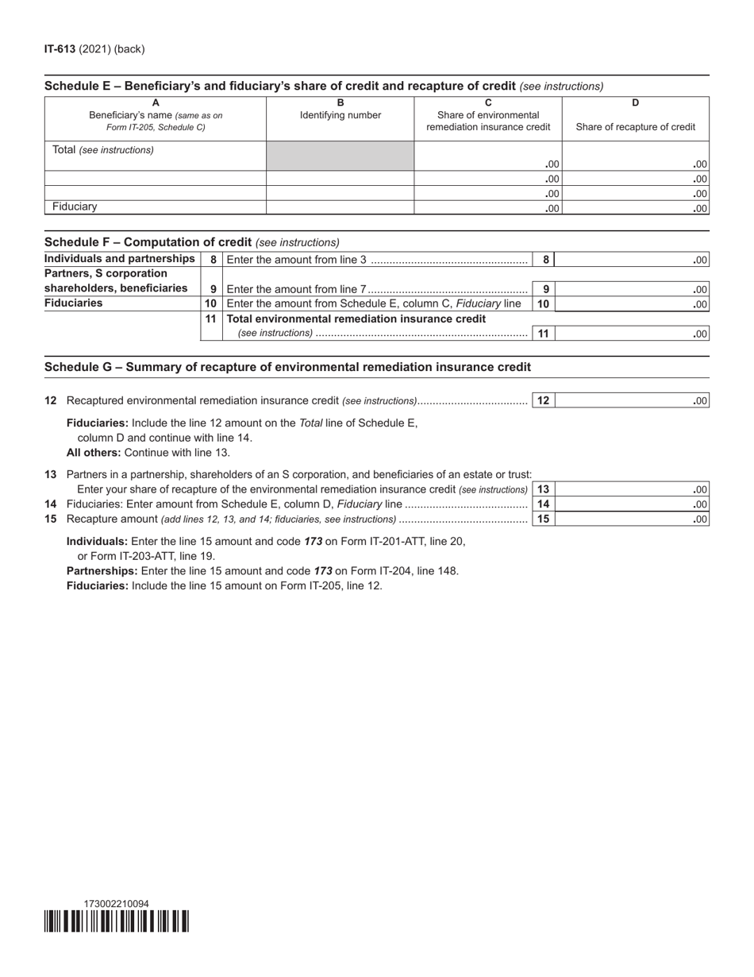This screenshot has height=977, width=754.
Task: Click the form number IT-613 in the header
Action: (60, 49)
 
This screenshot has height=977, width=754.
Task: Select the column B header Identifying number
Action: (340, 115)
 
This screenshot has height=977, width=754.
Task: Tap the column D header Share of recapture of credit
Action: (635, 127)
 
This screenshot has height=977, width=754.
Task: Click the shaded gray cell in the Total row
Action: (340, 156)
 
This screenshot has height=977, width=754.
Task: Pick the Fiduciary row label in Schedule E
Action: (75, 207)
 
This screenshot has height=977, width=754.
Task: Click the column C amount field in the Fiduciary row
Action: (487, 208)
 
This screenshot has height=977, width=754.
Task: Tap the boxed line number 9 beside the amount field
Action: (544, 289)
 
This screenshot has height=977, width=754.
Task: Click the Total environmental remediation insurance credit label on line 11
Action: (356, 319)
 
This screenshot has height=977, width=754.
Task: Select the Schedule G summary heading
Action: (287, 367)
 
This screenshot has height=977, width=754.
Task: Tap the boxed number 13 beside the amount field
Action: (543, 489)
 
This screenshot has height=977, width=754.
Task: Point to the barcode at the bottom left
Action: (117, 921)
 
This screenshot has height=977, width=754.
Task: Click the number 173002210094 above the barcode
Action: (116, 904)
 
